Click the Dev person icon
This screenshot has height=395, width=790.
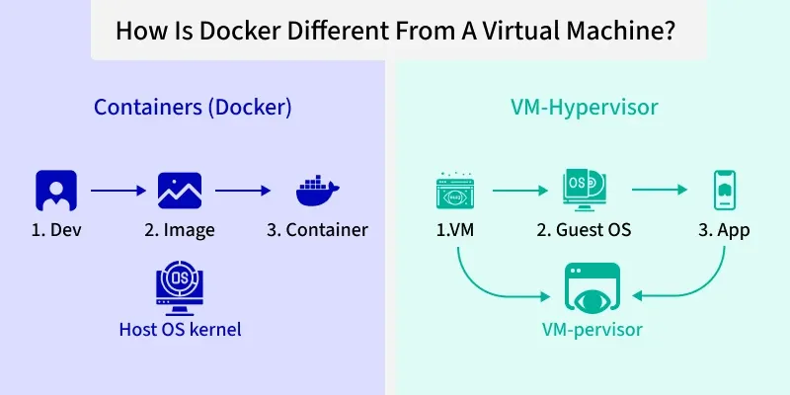[x=55, y=189]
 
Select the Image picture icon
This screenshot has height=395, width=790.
[x=179, y=189]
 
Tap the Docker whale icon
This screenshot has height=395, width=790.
[x=317, y=190]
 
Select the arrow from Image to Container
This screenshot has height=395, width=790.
[x=243, y=189]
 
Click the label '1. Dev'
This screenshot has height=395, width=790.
[x=55, y=230]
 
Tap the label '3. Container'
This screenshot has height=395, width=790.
[x=317, y=230]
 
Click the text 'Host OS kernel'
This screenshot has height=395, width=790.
[x=180, y=329]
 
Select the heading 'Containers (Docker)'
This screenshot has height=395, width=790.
[x=193, y=107]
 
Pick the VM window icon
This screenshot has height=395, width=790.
[x=457, y=189]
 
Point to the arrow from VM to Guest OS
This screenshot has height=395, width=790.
[x=518, y=189]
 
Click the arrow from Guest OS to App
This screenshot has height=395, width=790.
[x=660, y=189]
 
